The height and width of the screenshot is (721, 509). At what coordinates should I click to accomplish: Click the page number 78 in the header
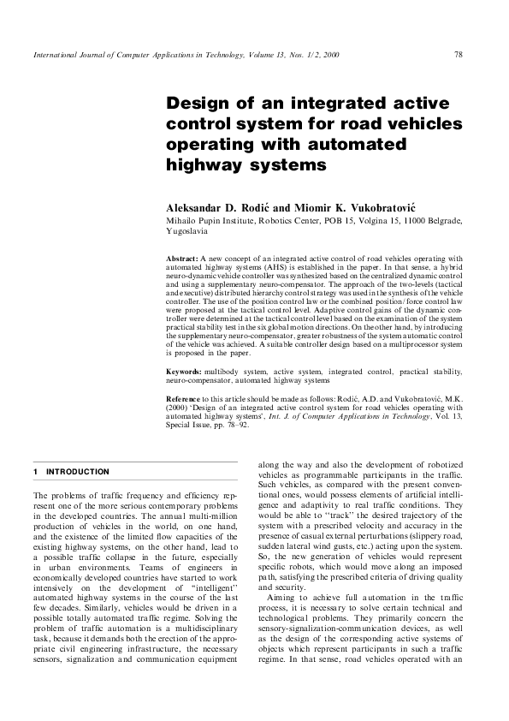(x=459, y=54)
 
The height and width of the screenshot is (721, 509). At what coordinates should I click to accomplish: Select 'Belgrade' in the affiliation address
(x=441, y=221)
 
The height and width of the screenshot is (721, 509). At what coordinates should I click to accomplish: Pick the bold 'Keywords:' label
(x=184, y=371)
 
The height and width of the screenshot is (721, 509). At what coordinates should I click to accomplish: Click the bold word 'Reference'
(x=185, y=400)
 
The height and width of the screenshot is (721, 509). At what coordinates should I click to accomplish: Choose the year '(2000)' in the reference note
(x=178, y=408)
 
